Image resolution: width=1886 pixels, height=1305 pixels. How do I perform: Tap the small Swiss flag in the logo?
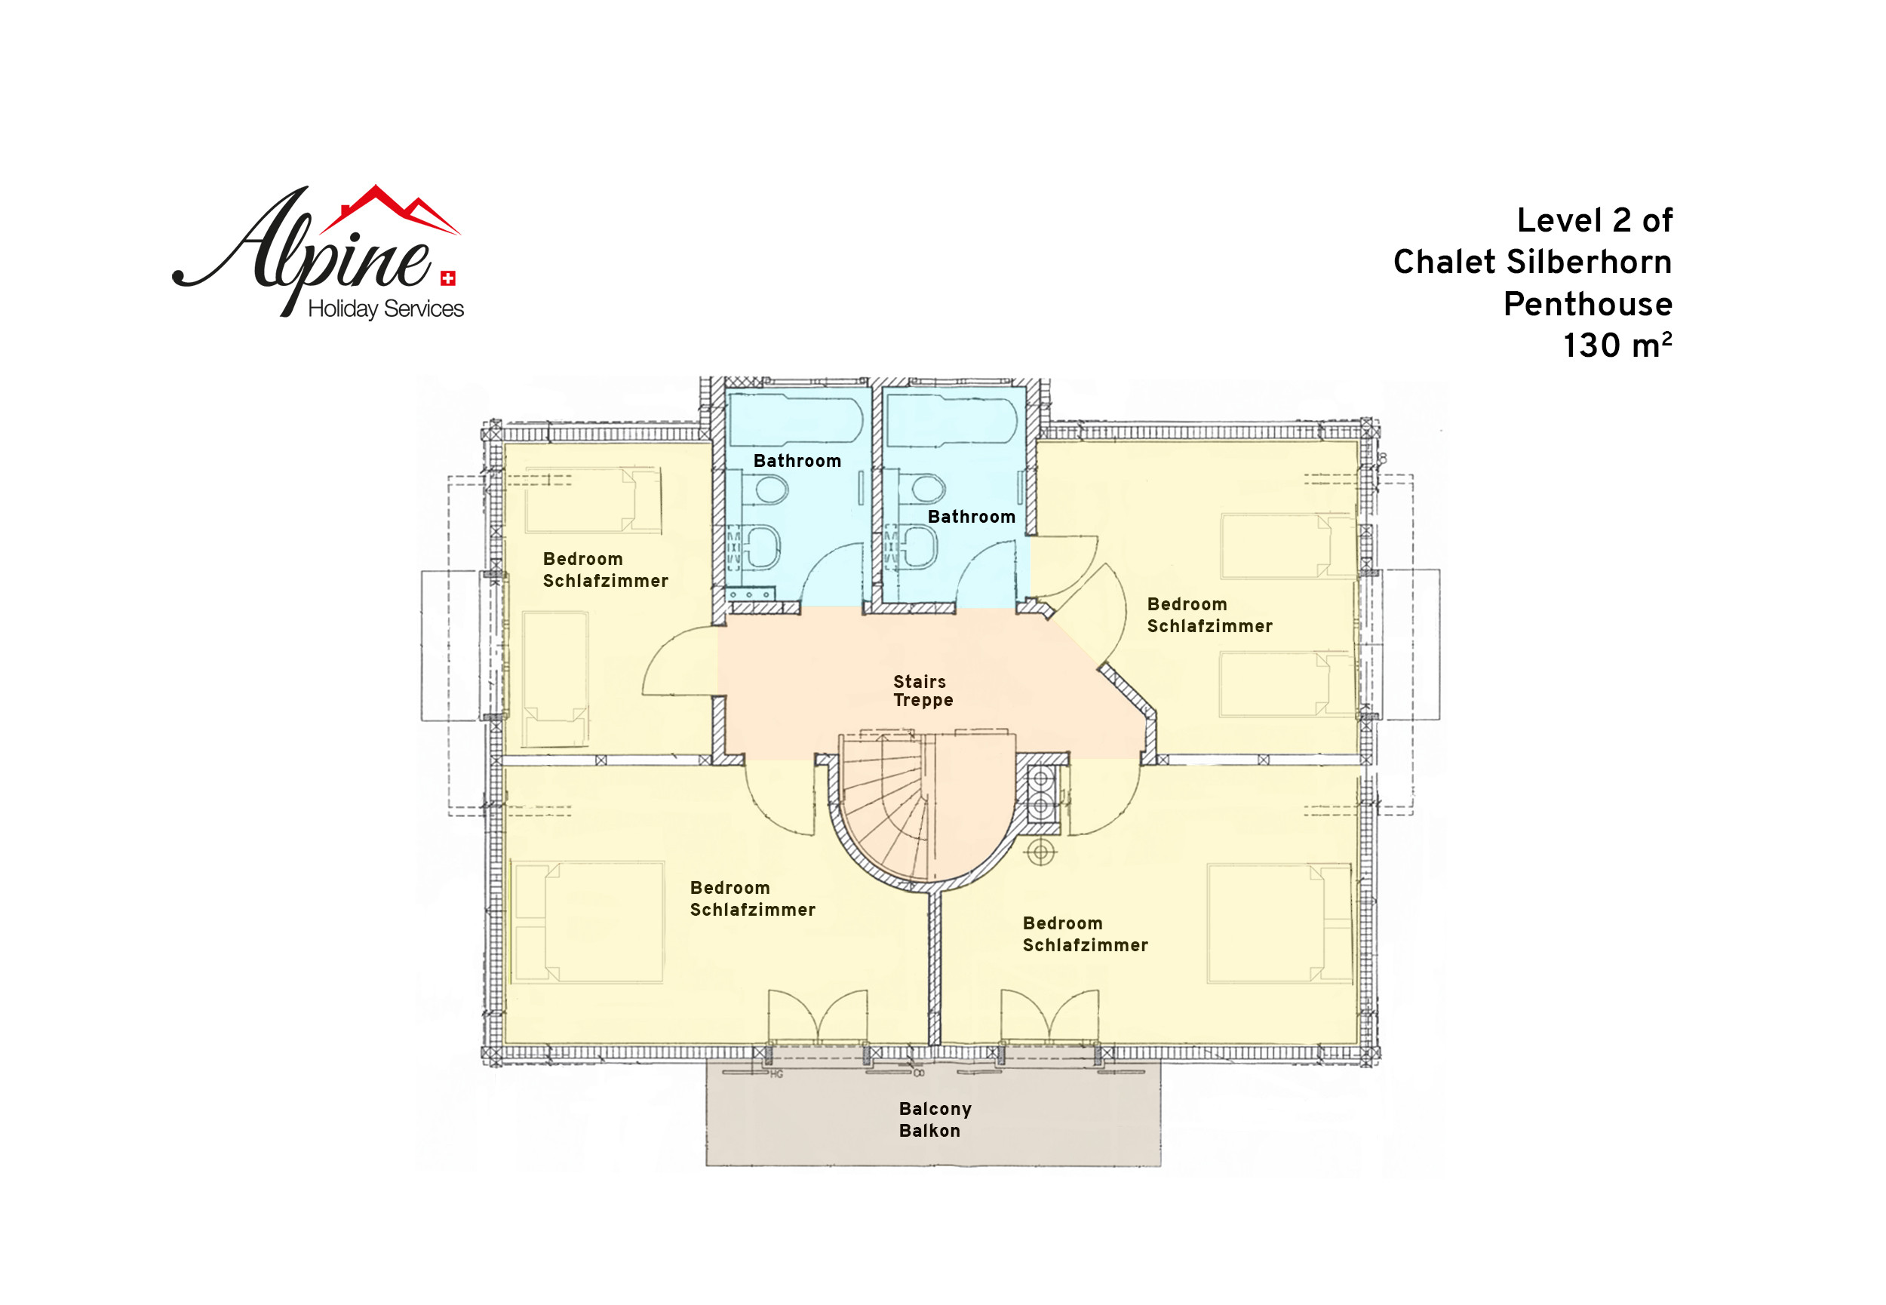point(448,279)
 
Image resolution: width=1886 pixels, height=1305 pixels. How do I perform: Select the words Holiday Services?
point(385,309)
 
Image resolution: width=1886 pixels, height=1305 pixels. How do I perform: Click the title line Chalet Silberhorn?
point(1532,263)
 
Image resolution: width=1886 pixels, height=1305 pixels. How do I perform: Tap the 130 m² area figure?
point(1617,345)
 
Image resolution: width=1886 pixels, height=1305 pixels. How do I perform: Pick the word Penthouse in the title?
point(1587,304)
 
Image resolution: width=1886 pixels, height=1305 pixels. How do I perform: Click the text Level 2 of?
point(1594,221)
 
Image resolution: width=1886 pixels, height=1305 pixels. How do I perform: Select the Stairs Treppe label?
point(923,691)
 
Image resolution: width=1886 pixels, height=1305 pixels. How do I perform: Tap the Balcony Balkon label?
point(935,1120)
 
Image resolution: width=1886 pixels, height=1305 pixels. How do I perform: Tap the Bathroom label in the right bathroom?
point(971,517)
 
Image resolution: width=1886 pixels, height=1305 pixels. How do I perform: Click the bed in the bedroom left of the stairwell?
point(587,922)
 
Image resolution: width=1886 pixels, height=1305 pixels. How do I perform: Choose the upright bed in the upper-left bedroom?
point(555,679)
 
